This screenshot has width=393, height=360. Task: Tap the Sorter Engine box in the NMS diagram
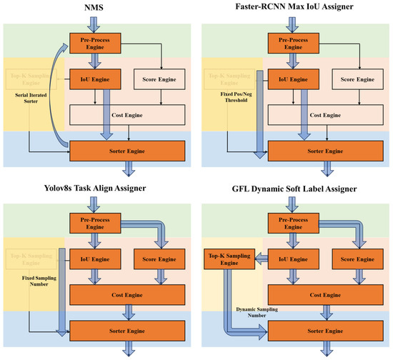coord(126,150)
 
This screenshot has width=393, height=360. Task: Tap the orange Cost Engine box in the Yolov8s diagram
coord(126,293)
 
